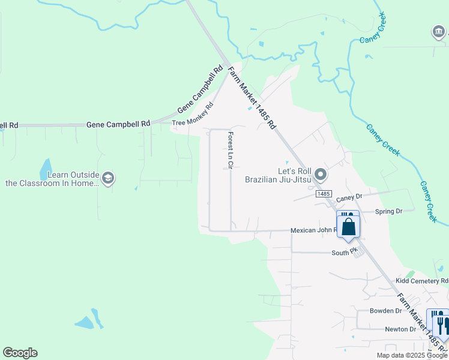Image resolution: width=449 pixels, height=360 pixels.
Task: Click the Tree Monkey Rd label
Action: (193, 115)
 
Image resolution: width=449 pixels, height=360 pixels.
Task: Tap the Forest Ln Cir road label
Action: (230, 150)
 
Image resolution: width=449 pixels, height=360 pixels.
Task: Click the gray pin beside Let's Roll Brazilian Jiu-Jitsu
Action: (321, 175)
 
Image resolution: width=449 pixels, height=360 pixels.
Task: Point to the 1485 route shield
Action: (324, 194)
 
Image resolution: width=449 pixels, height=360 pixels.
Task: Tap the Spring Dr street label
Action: (388, 211)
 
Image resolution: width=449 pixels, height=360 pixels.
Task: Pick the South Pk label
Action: (344, 253)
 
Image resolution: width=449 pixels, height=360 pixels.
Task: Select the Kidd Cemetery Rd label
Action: (421, 281)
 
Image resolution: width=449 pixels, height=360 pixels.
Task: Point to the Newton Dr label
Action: (400, 329)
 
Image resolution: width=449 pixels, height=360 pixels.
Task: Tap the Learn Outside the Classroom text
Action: (52, 179)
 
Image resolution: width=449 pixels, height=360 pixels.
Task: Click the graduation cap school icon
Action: (108, 178)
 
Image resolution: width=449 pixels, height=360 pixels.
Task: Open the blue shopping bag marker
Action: (349, 227)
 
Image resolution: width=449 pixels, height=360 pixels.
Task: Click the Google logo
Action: (20, 353)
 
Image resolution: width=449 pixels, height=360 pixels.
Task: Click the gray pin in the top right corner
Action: (438, 31)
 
